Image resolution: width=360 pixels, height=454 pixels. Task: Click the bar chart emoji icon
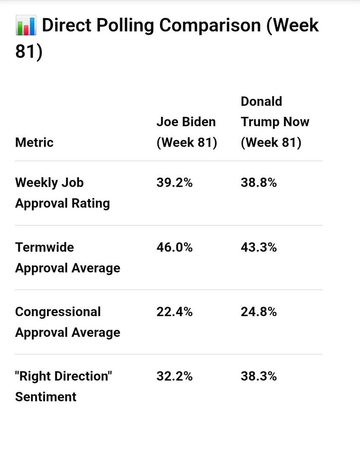[26, 25]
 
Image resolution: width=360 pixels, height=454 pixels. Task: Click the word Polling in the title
[125, 26]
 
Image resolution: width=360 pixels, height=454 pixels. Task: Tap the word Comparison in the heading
[210, 26]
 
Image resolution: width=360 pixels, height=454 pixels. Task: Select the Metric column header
[34, 143]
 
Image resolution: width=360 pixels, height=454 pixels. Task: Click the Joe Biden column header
[187, 132]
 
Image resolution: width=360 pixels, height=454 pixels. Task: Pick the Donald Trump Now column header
[275, 122]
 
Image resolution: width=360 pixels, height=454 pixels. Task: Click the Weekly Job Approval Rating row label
[63, 193]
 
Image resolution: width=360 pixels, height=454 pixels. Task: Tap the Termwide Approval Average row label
[68, 258]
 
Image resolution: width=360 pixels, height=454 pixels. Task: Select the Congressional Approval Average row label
[68, 322]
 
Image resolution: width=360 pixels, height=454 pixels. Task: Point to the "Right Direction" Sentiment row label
[63, 386]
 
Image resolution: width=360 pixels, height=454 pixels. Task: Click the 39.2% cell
[174, 183]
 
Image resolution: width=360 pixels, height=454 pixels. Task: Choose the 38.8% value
[259, 183]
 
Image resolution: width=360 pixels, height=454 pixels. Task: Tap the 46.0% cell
[174, 247]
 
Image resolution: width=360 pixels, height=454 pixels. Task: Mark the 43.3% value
[259, 247]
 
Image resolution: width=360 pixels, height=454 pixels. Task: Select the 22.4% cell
[174, 312]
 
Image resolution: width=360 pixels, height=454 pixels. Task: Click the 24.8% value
[259, 312]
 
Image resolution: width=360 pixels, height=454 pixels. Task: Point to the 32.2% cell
[174, 376]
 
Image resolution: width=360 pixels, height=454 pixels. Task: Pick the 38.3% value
[259, 376]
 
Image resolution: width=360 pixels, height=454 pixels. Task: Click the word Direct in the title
[67, 25]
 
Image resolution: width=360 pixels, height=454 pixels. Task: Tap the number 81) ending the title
[29, 52]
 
